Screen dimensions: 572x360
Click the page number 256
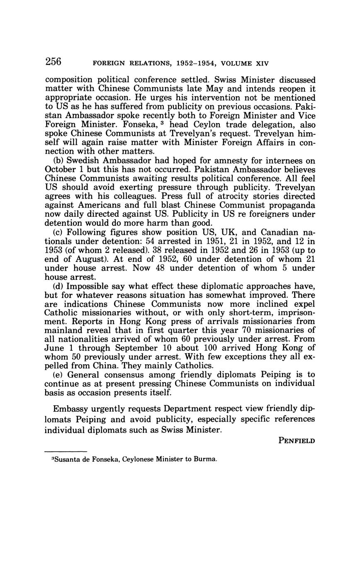click(x=53, y=62)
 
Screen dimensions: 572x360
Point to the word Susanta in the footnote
click(x=66, y=459)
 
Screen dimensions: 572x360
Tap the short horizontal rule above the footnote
click(x=66, y=451)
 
